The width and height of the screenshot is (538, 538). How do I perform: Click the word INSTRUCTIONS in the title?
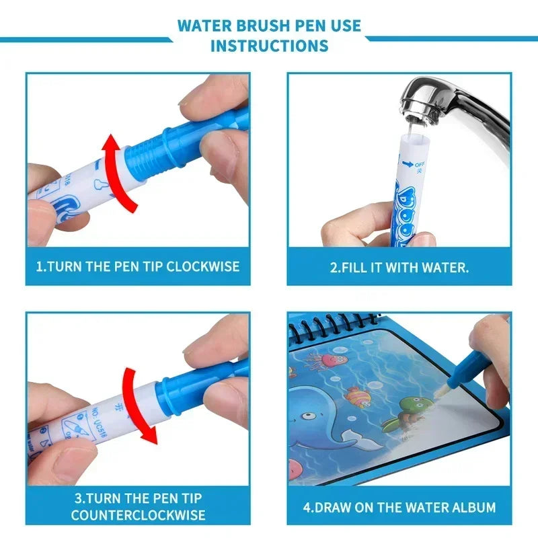[269, 46]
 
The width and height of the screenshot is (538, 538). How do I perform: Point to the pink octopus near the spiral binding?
[329, 360]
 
